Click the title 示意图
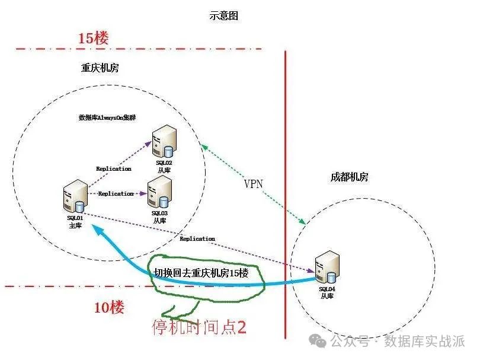(224, 16)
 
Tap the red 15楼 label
(94, 39)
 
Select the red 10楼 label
(110, 307)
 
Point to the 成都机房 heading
(350, 177)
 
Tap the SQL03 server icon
(159, 191)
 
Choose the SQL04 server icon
(328, 266)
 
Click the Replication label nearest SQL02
(113, 169)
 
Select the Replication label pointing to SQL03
(116, 194)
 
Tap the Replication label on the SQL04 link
(197, 238)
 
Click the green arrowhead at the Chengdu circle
(303, 222)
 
